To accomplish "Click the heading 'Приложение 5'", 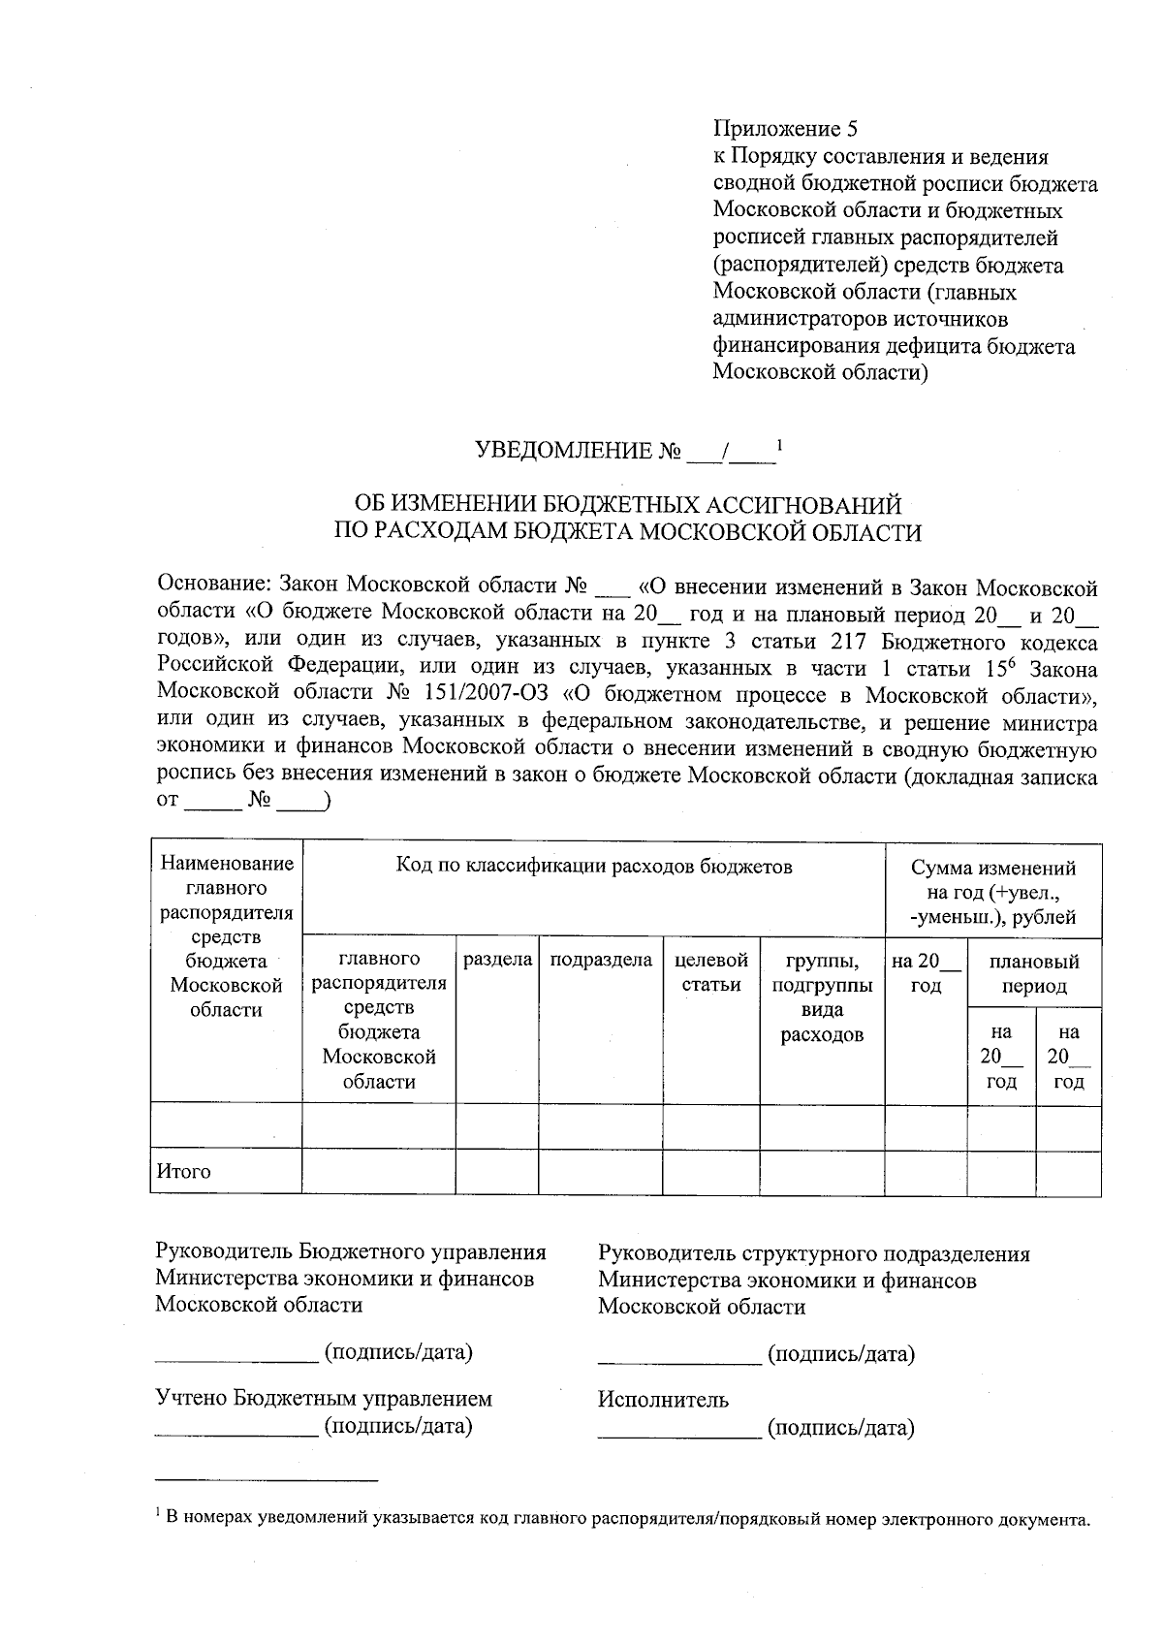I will click(x=786, y=129).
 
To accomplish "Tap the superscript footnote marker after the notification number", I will click(x=779, y=445).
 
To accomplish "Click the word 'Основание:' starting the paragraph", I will click(x=212, y=586).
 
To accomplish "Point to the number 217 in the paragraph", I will click(x=850, y=642).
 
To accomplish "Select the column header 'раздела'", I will click(x=497, y=960).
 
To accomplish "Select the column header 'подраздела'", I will click(x=601, y=960).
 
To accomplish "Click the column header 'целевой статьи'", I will click(x=711, y=972).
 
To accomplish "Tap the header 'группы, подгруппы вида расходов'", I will click(x=822, y=997).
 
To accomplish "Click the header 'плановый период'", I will click(x=1034, y=973).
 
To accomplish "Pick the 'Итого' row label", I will click(x=183, y=1172).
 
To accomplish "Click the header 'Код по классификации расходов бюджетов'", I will click(x=594, y=867).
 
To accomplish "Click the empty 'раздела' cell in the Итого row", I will click(x=497, y=1172).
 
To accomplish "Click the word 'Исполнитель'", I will click(x=664, y=1400).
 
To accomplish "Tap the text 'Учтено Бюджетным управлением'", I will click(x=324, y=1399).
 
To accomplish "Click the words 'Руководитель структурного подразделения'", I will click(x=814, y=1254).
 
